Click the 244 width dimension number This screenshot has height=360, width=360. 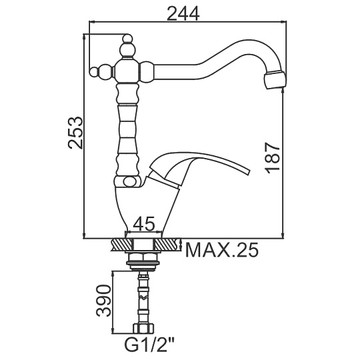point(183,13)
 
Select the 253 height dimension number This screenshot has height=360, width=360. point(75,133)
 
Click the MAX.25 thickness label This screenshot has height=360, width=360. point(222,250)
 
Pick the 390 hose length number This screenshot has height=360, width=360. point(104,301)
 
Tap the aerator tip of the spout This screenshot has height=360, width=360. point(275,81)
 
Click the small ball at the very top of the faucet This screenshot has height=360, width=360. point(127,38)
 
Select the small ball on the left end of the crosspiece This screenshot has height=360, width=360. point(94,71)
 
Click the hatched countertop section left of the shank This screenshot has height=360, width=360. point(122,245)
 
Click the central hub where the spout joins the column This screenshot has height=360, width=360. point(127,71)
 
